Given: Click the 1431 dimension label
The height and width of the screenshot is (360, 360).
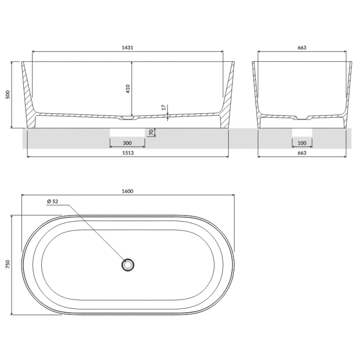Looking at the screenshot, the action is point(127,48).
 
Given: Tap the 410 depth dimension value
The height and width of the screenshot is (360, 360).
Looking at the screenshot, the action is point(128,89).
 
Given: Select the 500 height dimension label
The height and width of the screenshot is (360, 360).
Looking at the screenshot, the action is point(8,94).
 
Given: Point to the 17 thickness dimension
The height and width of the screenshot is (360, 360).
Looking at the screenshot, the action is point(164,107).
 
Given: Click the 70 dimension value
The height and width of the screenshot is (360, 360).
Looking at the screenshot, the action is point(151,132).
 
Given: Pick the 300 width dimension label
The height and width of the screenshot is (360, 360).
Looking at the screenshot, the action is point(127,143).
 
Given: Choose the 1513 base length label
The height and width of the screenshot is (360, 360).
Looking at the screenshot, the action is point(128,153).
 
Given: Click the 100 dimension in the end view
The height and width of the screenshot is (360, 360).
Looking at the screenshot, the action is point(302,143).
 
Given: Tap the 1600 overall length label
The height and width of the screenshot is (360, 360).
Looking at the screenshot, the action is point(127,191).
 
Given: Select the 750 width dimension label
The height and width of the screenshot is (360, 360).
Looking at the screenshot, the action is point(8,264).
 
